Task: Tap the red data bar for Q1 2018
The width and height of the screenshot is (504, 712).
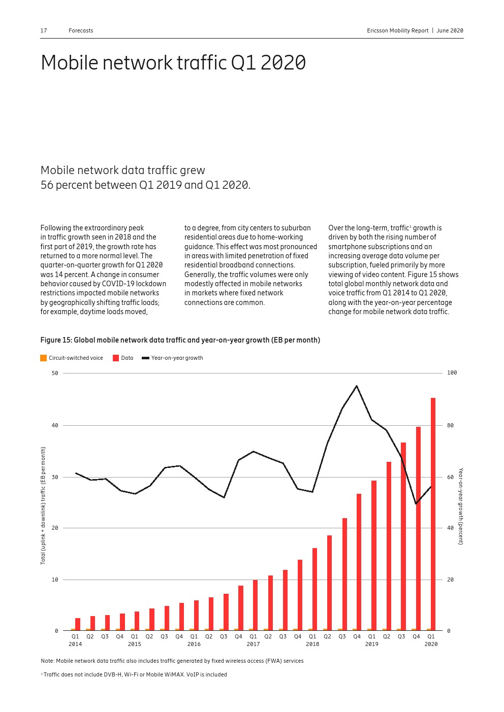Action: point(314,588)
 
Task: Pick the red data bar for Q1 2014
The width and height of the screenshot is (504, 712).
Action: point(78,624)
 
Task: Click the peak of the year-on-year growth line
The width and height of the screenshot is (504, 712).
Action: point(357,386)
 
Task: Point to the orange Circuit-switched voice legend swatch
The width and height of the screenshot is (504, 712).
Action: point(44,358)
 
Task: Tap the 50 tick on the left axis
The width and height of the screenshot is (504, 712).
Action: point(55,373)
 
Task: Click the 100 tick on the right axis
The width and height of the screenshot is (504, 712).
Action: point(452,373)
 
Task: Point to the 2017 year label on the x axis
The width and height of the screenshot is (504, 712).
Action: point(253,645)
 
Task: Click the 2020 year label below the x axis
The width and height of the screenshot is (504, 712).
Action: point(431,645)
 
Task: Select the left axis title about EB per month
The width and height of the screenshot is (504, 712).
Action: point(43,505)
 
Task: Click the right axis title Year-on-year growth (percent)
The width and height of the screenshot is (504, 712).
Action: point(461,506)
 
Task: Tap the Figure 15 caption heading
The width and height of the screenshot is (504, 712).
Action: point(180,340)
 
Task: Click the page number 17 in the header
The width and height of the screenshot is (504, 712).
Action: point(44,30)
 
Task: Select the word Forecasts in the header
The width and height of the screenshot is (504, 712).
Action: point(81,30)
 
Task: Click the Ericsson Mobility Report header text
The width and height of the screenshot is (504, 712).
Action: point(398,30)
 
